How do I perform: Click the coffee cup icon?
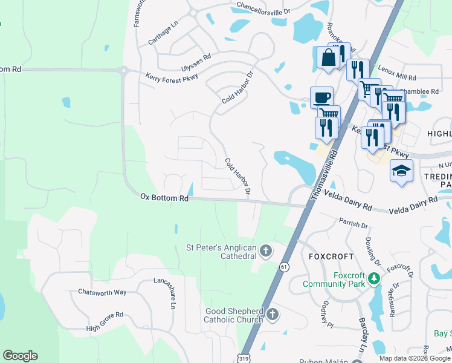pos(321,97)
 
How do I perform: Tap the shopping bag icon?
pos(328,58)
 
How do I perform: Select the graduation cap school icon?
pos(401,171)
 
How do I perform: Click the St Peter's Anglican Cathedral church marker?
pos(265,250)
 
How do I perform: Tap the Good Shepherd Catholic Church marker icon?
pos(273,314)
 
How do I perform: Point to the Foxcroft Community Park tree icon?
pos(375,278)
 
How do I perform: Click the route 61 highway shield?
pos(284,266)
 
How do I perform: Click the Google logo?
pos(20,356)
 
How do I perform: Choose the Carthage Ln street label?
pos(164,34)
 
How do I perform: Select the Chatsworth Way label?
pos(102,292)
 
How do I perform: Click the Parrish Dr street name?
pos(354,224)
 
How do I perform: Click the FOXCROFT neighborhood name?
pos(327,257)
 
